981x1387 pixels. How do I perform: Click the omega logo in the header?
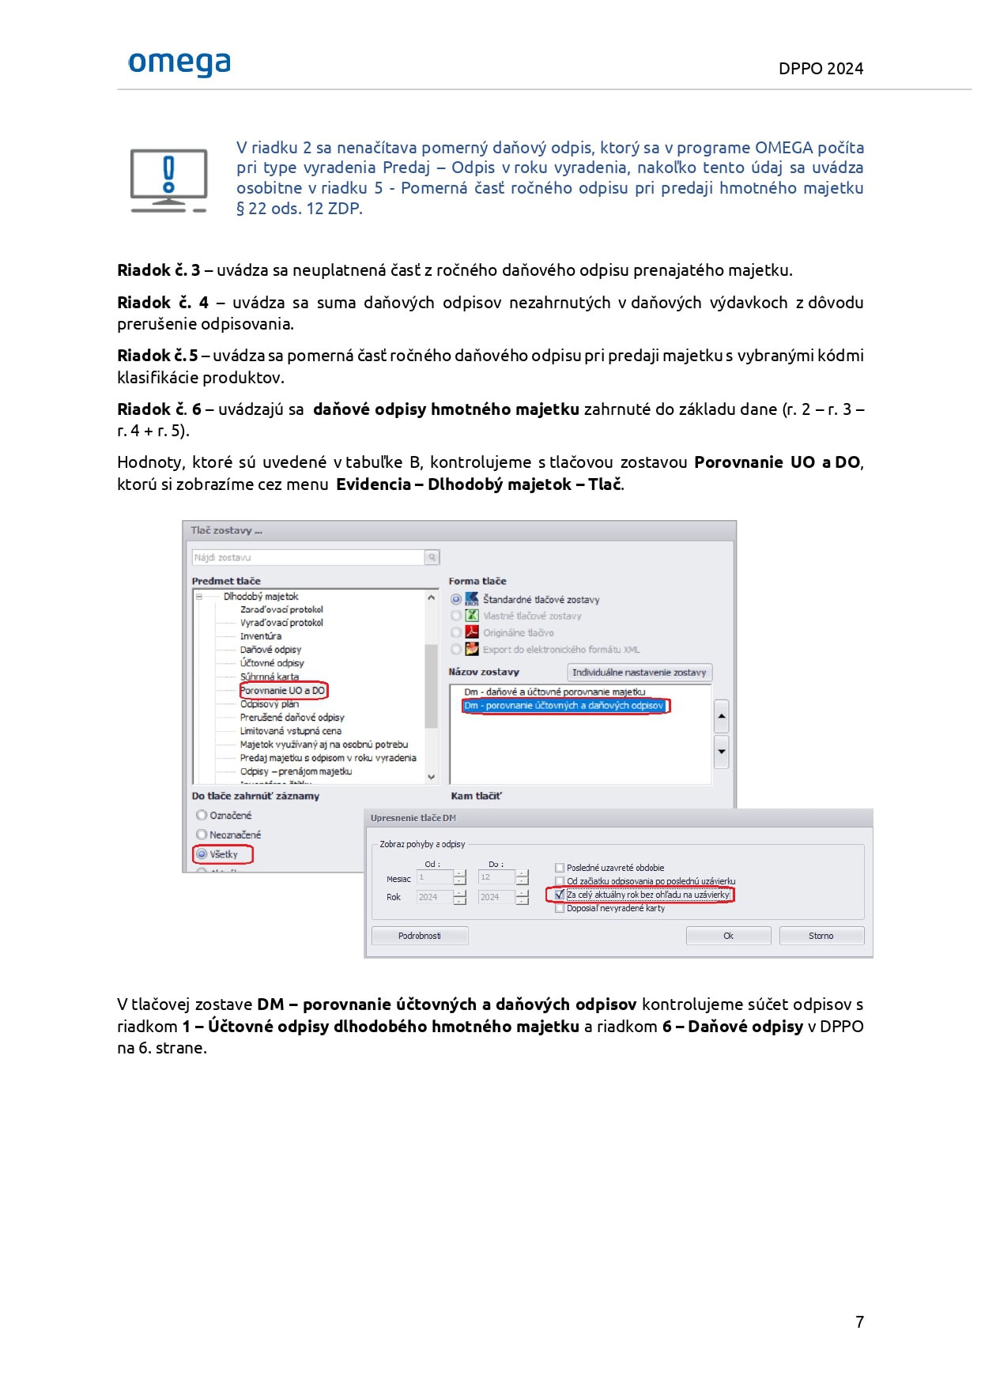[179, 63]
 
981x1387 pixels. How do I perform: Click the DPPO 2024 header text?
[821, 69]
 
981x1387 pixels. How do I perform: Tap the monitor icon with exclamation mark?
[168, 181]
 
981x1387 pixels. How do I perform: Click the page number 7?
[859, 1321]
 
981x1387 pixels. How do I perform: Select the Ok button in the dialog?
[728, 936]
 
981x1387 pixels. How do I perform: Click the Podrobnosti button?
[420, 936]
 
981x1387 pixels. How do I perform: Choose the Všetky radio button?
[202, 854]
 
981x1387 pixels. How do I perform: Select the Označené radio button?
[202, 816]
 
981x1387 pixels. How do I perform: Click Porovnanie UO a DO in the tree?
[282, 691]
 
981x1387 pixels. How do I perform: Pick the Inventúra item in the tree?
[260, 636]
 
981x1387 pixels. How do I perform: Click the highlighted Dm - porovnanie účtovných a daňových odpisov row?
[564, 706]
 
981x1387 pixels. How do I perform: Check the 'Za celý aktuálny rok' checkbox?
[560, 895]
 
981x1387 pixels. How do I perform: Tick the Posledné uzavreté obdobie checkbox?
[560, 868]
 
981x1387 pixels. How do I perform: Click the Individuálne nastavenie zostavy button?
[639, 673]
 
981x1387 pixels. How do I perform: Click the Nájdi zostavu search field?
[308, 558]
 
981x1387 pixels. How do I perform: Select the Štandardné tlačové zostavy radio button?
[456, 600]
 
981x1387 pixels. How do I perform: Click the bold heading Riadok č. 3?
[158, 270]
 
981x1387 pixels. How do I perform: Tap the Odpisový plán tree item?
[269, 704]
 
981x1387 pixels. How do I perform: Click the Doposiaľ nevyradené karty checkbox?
[560, 909]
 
